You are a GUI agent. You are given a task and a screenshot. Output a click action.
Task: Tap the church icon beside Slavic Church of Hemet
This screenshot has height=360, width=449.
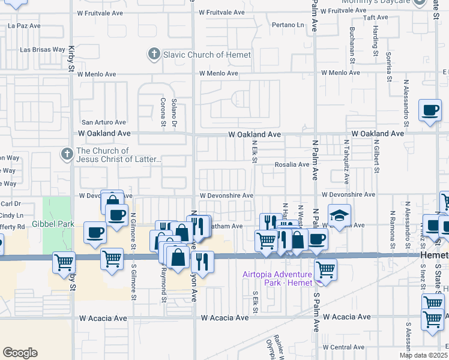click(x=154, y=55)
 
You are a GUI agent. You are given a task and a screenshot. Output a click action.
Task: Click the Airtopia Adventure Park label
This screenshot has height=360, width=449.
click(x=277, y=278)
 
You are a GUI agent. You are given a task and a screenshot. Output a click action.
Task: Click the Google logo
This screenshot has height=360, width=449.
click(x=20, y=353)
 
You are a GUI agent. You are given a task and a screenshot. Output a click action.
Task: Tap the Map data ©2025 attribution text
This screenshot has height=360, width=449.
click(x=423, y=355)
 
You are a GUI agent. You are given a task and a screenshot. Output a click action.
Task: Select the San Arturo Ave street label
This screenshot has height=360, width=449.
click(x=104, y=122)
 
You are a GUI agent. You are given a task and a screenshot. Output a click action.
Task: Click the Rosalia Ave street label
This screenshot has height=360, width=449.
click(x=292, y=164)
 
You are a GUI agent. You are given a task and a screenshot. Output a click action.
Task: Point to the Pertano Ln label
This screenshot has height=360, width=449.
click(x=288, y=25)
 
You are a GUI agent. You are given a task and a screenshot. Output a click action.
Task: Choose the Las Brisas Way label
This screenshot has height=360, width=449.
click(x=43, y=50)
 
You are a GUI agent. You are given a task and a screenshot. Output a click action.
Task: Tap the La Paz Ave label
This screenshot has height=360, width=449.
click(x=24, y=26)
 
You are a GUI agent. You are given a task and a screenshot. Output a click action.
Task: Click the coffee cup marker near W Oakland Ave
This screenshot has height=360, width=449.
click(x=430, y=110)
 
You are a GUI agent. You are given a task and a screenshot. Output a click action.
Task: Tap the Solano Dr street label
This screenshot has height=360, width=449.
click(x=174, y=111)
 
